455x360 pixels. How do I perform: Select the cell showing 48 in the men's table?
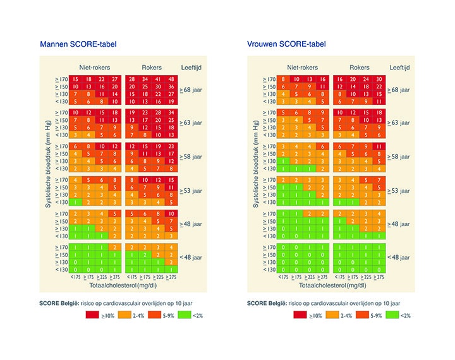171,78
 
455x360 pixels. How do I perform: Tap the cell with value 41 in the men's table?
157,78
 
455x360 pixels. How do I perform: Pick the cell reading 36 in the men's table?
157,86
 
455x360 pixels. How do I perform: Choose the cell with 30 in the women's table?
379,78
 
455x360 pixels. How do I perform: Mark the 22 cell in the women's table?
379,86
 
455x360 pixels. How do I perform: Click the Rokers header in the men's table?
152,67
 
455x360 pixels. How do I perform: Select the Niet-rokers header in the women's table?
302,67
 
